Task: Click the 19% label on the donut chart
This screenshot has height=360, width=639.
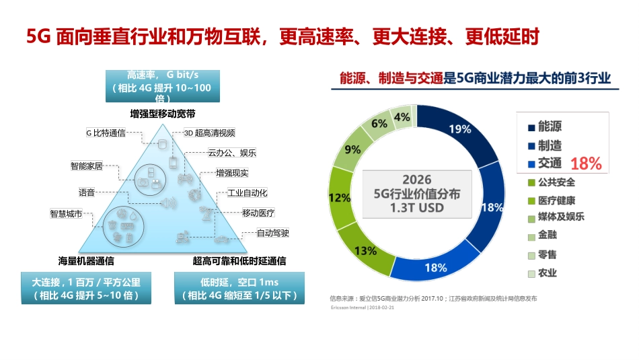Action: pyautogui.click(x=460, y=129)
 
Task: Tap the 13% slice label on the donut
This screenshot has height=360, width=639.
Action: pyautogui.click(x=365, y=251)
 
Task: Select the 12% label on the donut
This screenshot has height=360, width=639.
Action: pyautogui.click(x=340, y=198)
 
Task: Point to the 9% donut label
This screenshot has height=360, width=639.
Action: pyautogui.click(x=352, y=149)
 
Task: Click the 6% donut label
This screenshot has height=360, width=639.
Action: pyautogui.click(x=379, y=123)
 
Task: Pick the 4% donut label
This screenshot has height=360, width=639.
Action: pyautogui.click(x=402, y=117)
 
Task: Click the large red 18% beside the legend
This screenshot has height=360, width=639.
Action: pyautogui.click(x=586, y=164)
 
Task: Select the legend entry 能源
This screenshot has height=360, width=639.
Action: pyautogui.click(x=549, y=127)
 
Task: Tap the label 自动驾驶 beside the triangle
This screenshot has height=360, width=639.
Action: pyautogui.click(x=273, y=233)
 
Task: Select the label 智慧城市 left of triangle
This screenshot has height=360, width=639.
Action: pyautogui.click(x=66, y=214)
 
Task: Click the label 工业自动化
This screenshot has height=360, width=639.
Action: pyautogui.click(x=248, y=192)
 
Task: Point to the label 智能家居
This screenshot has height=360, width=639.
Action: pyautogui.click(x=87, y=165)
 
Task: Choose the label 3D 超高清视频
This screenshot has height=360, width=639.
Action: pyautogui.click(x=209, y=133)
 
